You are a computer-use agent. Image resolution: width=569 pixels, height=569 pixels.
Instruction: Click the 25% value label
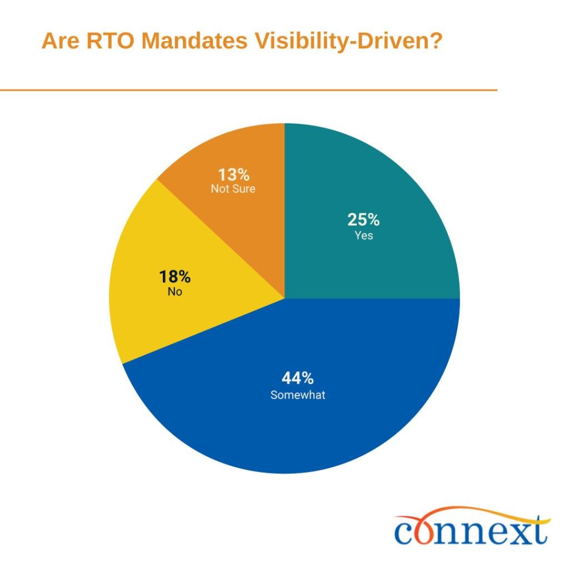point(363,220)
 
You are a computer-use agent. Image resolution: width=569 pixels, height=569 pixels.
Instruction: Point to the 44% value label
point(298,379)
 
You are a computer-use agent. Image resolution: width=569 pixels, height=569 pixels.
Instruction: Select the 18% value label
point(175,277)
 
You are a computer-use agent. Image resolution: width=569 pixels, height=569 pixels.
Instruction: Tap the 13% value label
point(233,174)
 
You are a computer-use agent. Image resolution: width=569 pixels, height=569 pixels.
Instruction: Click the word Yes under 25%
point(364,236)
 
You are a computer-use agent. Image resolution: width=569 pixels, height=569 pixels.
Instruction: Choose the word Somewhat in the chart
point(298,396)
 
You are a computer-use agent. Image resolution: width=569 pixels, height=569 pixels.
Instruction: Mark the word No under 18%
point(175,292)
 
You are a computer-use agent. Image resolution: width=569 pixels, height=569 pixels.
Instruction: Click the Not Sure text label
point(233,189)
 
